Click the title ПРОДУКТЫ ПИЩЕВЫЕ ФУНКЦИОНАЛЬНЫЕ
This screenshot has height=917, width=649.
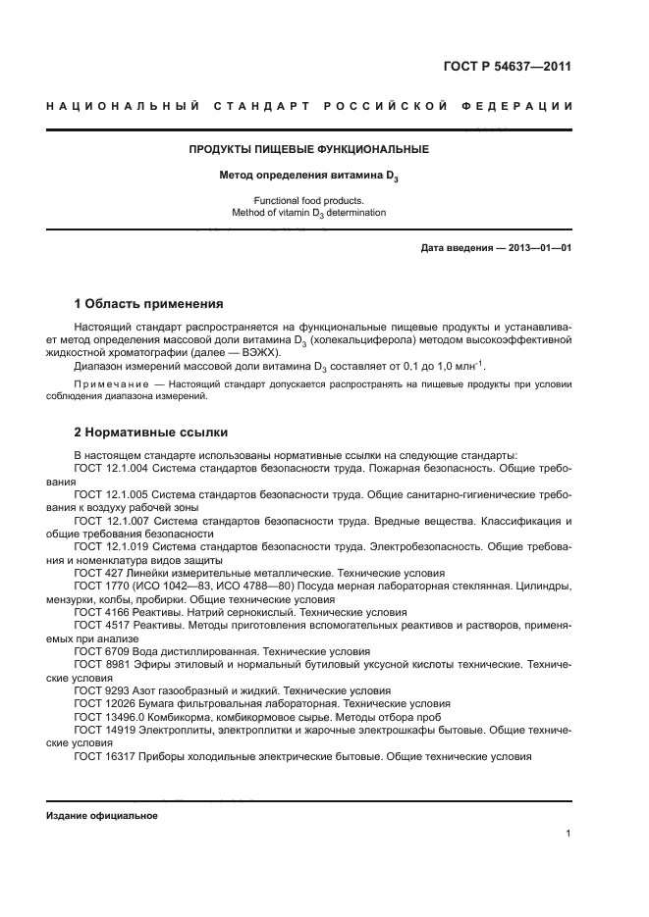pyautogui.click(x=308, y=149)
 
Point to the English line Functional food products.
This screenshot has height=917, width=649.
pyautogui.click(x=308, y=200)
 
